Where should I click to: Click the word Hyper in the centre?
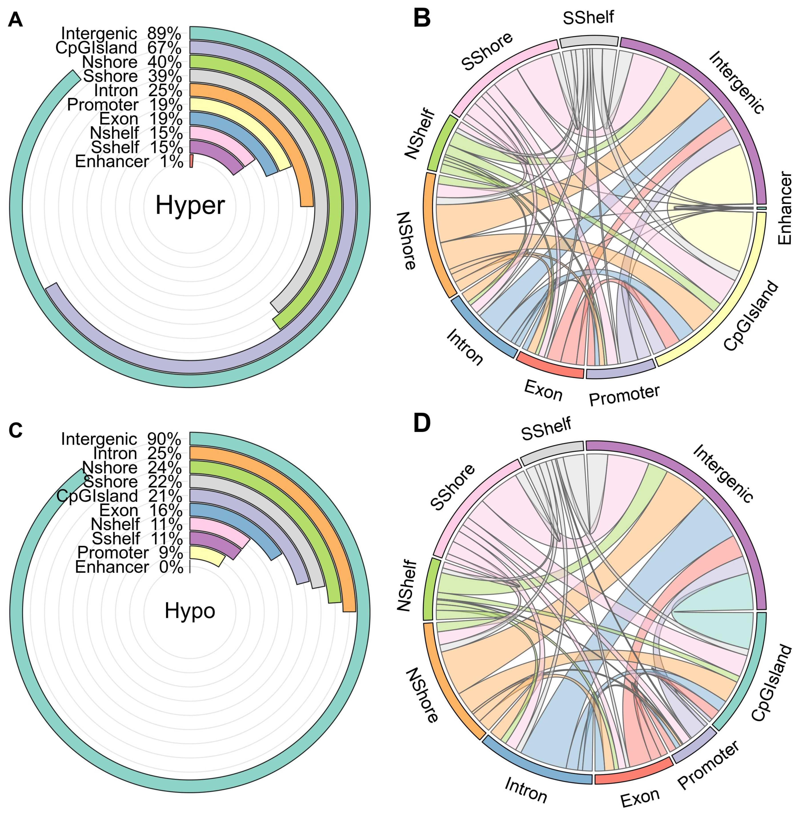(x=190, y=206)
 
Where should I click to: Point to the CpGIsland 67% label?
(x=118, y=48)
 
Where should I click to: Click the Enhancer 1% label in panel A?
(x=129, y=161)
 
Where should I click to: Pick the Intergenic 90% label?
(x=121, y=439)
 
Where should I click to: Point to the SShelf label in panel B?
(x=588, y=18)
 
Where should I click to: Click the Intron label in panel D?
(x=526, y=789)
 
